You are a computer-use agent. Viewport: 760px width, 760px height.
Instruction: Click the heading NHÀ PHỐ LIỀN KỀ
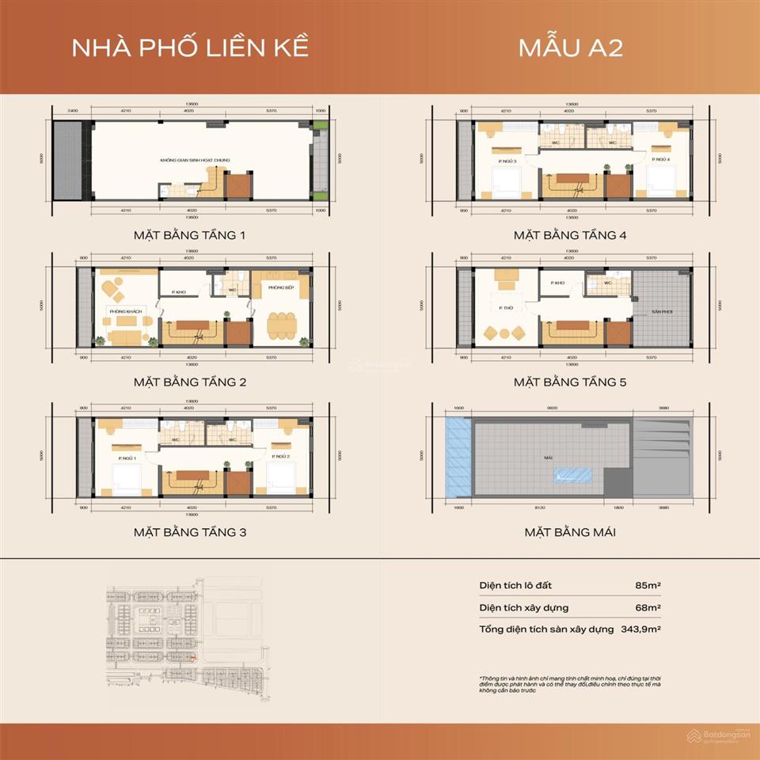click(x=190, y=47)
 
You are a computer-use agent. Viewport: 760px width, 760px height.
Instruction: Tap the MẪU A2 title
click(x=570, y=47)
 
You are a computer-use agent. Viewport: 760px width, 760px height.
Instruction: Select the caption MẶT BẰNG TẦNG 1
click(x=190, y=235)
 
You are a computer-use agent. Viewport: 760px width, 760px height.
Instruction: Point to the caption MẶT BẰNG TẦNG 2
click(x=190, y=382)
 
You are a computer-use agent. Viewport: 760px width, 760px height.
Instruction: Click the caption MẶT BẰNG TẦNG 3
click(x=190, y=532)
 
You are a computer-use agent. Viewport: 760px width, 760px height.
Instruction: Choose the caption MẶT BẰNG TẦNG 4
click(x=570, y=235)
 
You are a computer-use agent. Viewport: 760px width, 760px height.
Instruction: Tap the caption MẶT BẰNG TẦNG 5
click(x=570, y=382)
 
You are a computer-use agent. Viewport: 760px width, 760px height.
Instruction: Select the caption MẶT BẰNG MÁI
click(x=570, y=532)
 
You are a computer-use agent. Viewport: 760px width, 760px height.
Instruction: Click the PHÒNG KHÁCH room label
click(x=127, y=312)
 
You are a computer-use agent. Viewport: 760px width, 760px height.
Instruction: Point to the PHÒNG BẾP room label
click(x=281, y=287)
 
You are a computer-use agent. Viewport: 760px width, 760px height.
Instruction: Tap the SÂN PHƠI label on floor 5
click(x=663, y=313)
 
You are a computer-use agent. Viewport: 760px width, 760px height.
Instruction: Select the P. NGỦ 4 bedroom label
click(x=662, y=160)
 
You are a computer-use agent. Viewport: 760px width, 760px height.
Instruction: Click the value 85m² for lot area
click(x=648, y=585)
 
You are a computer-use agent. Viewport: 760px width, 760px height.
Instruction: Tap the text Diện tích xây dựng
click(x=523, y=607)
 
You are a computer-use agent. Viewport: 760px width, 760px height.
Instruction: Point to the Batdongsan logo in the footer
click(x=717, y=735)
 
